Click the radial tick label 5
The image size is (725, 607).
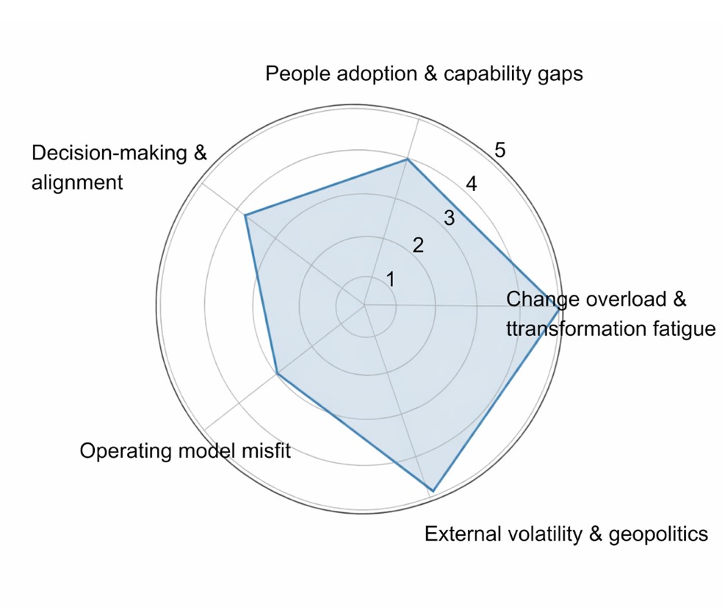[x=499, y=151]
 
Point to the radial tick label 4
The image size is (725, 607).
[x=472, y=184]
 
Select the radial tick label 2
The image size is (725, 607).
[x=418, y=245]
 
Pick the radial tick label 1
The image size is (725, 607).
[x=391, y=279]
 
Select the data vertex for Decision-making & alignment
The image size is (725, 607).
[x=245, y=215]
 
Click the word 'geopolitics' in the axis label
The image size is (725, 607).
[x=658, y=534]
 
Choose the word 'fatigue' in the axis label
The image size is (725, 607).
[x=679, y=328]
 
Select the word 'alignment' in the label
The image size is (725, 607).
[x=77, y=182]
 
